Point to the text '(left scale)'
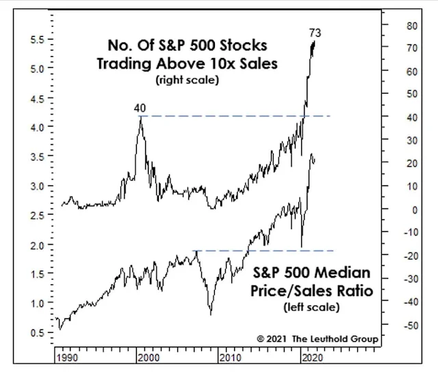tap(311, 307)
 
